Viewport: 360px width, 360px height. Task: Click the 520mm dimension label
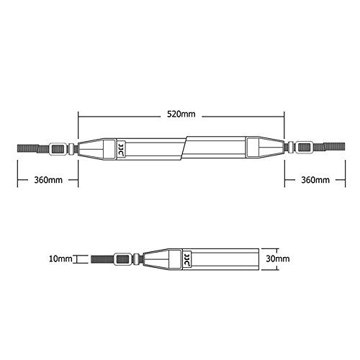(181, 114)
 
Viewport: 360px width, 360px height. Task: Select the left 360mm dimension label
(48, 180)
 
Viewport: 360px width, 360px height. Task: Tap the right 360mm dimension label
(315, 180)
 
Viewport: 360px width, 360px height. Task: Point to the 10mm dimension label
(60, 258)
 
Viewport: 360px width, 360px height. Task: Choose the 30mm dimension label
(278, 258)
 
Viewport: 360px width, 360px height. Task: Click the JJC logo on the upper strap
(121, 149)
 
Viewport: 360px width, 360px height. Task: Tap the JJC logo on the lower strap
(187, 259)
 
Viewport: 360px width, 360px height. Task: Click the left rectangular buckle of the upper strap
(58, 149)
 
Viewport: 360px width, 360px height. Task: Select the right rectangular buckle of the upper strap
(305, 147)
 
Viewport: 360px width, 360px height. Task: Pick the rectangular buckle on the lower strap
(122, 259)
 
